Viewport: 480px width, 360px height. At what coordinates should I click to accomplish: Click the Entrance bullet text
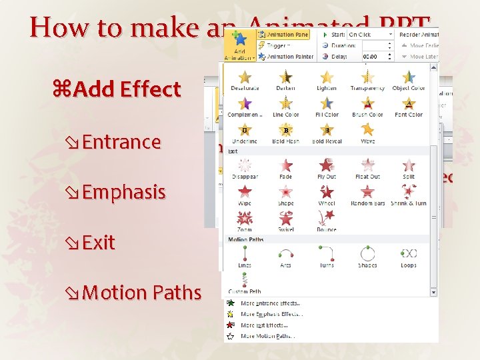(x=121, y=142)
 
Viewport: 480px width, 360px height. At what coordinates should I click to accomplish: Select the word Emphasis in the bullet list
(x=123, y=192)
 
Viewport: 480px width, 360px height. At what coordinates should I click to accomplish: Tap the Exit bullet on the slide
(x=99, y=242)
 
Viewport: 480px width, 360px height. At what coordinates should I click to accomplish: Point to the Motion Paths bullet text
(x=142, y=293)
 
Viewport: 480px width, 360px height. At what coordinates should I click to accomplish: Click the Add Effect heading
(x=127, y=89)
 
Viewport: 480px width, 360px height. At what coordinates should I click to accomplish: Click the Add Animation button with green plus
(x=239, y=45)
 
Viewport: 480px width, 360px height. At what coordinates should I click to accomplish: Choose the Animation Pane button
(x=287, y=35)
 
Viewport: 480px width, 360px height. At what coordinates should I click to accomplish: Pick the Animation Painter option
(x=289, y=57)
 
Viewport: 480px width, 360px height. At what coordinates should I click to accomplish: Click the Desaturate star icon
(x=245, y=78)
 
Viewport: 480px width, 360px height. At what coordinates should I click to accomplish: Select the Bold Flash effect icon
(x=285, y=131)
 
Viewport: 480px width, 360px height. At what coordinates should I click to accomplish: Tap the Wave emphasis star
(x=367, y=131)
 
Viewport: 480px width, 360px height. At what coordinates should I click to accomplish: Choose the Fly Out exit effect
(x=327, y=166)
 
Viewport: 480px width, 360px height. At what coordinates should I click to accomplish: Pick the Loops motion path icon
(x=409, y=254)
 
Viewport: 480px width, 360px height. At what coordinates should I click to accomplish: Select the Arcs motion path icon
(x=286, y=254)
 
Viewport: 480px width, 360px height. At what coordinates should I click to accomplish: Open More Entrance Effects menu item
(x=270, y=303)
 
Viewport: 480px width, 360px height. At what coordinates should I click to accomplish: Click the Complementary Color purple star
(x=245, y=104)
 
